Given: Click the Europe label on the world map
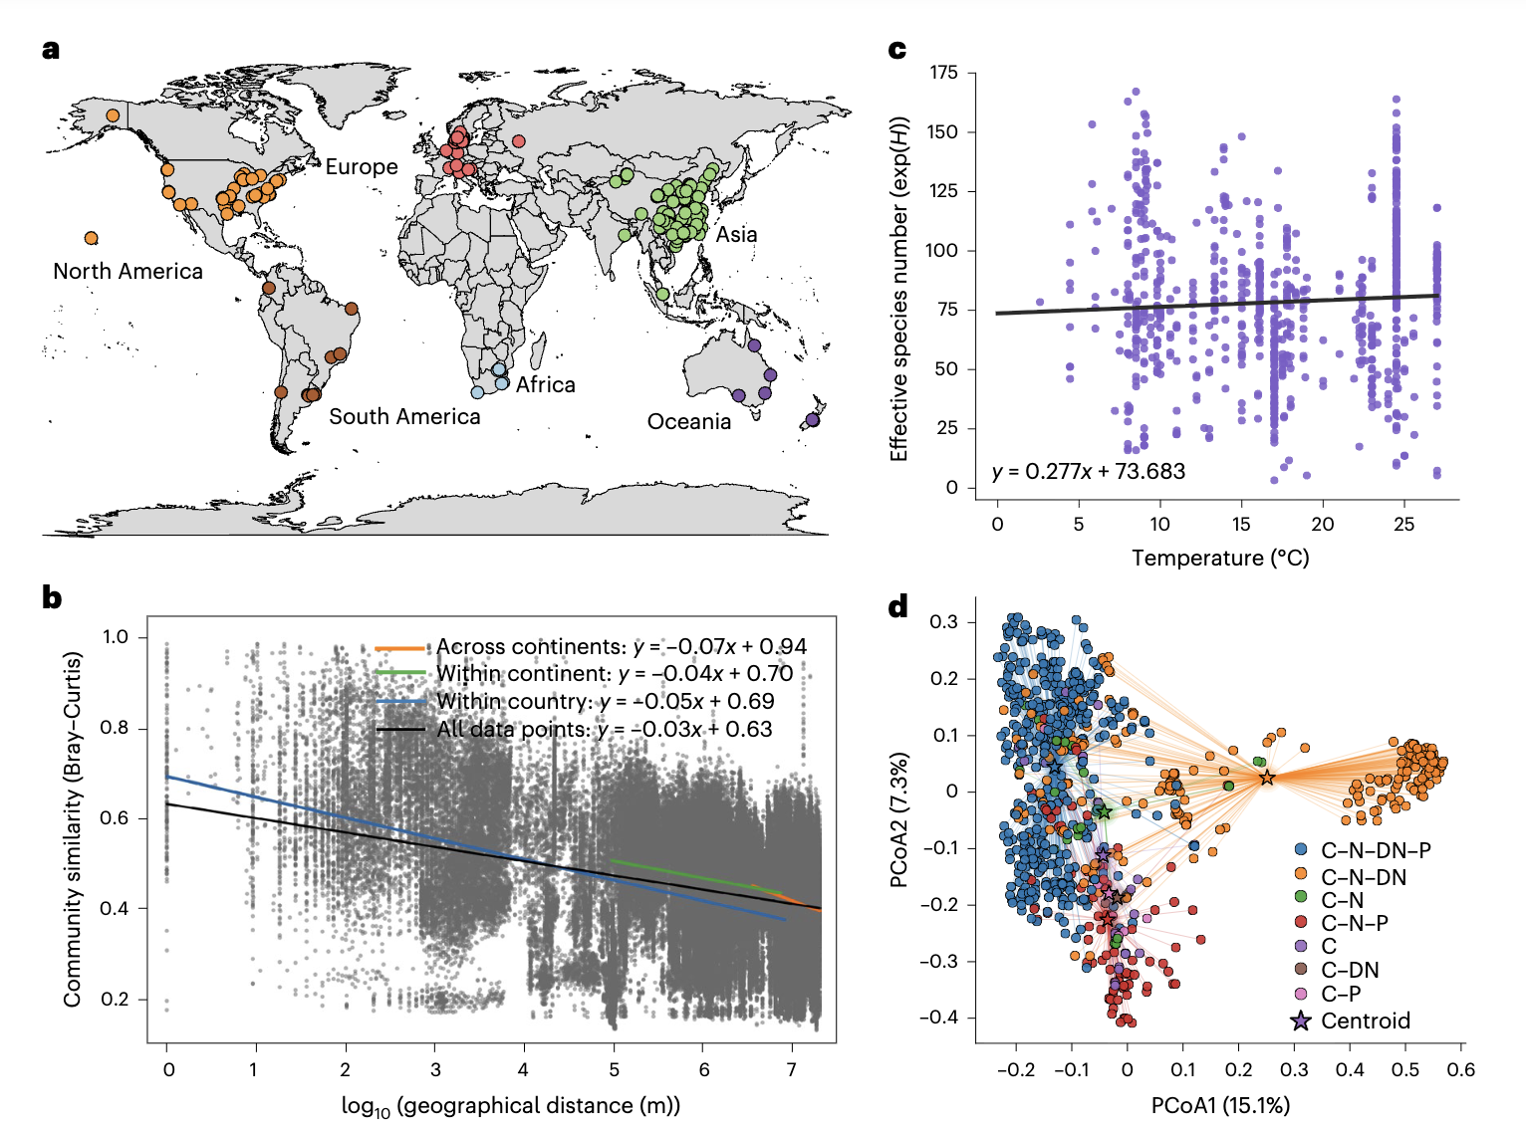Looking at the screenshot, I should click(362, 167).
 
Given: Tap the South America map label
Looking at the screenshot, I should click(404, 416).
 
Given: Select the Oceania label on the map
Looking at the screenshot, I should click(689, 422).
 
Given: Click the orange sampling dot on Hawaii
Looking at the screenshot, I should click(92, 238).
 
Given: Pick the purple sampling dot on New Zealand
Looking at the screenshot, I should click(813, 420).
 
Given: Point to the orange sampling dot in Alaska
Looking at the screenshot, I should click(113, 115).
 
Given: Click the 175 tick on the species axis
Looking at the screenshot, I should click(943, 73).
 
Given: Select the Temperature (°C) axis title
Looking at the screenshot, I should click(1220, 558).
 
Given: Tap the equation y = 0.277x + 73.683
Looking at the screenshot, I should click(1089, 472).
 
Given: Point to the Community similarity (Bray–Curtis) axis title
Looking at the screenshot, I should click(72, 828).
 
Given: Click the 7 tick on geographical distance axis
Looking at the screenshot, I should click(792, 1070).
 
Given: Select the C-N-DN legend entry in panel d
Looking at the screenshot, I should click(1363, 877).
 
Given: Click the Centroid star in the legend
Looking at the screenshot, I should click(1301, 1021).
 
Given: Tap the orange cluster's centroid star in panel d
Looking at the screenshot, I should click(1267, 778).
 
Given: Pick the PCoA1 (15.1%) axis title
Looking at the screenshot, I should click(1220, 1105).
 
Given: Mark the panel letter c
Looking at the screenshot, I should click(897, 50).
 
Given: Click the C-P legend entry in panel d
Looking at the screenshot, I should click(1340, 994).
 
